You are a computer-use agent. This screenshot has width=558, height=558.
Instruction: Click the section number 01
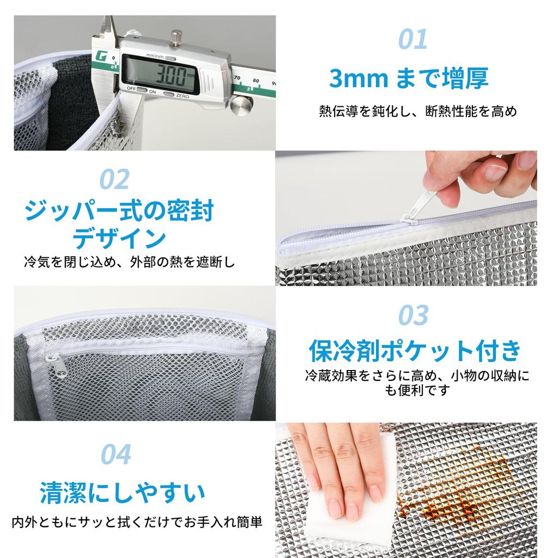(x=412, y=39)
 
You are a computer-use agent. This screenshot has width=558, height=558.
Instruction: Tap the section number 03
(x=413, y=315)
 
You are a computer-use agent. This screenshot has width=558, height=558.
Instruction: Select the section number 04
(x=116, y=454)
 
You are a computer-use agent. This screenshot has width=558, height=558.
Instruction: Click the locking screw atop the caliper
(x=175, y=38)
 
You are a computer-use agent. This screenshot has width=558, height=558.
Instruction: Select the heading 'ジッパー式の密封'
(x=119, y=211)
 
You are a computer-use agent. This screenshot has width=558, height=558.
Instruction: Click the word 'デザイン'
(x=119, y=239)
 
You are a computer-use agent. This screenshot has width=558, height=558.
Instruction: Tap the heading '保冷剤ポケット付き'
(x=415, y=350)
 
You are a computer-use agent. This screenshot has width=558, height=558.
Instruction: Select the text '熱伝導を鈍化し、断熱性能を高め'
(x=417, y=112)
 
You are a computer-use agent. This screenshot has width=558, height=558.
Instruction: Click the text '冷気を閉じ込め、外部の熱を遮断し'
(x=129, y=262)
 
